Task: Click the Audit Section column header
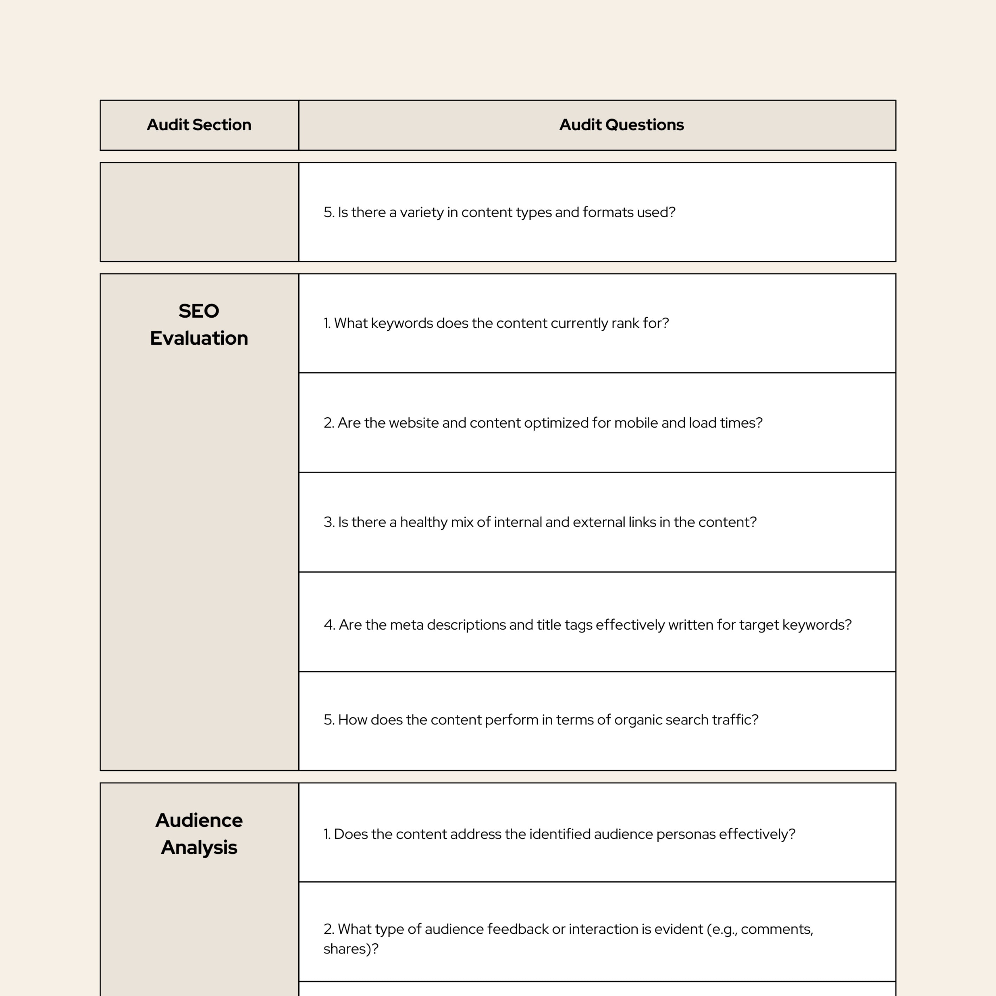point(198,125)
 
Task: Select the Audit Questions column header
point(621,125)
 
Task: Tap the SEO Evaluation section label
point(198,324)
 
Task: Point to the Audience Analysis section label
point(198,834)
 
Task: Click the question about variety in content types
point(499,213)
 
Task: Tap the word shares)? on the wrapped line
point(351,949)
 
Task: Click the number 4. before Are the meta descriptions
point(330,625)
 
